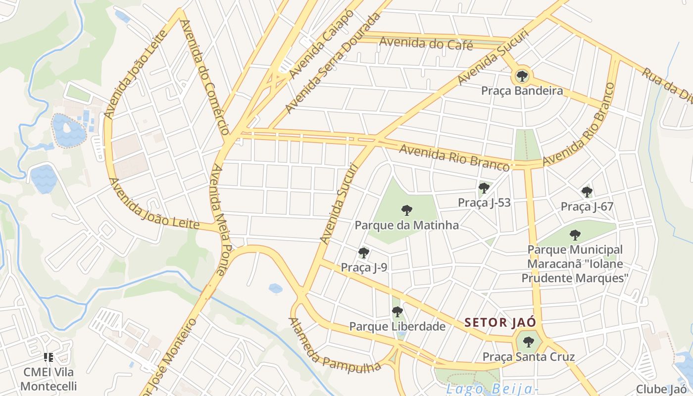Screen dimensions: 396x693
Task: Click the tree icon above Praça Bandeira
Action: [522, 76]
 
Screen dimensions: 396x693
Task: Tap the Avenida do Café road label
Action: [426, 44]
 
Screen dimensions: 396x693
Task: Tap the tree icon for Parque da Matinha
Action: [406, 210]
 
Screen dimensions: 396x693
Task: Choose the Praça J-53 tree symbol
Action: [484, 188]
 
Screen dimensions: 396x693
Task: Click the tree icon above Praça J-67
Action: [587, 192]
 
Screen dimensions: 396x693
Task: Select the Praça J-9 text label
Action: [364, 268]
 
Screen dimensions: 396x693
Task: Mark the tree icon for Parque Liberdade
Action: [397, 312]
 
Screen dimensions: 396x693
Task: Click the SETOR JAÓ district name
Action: [500, 323]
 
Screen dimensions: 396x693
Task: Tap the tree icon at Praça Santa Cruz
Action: [528, 342]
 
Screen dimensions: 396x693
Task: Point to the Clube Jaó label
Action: [661, 389]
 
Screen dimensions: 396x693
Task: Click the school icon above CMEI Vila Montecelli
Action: [49, 357]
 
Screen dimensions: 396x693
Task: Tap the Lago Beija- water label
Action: [492, 389]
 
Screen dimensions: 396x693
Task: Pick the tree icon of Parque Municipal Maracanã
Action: [574, 235]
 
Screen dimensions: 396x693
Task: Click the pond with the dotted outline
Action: [68, 131]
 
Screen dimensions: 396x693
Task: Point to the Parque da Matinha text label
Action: [406, 225]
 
